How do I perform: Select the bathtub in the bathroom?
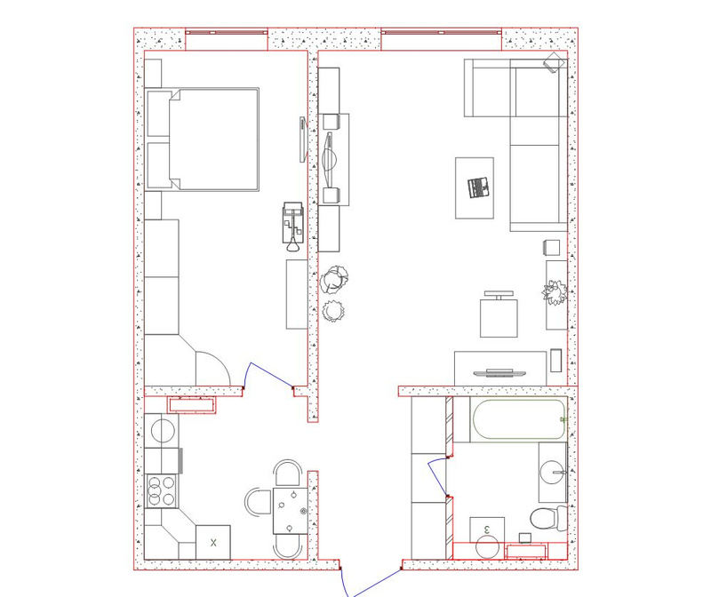[x=519, y=419]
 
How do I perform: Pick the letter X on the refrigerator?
[x=213, y=542]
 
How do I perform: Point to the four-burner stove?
[x=162, y=491]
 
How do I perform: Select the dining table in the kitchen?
[x=291, y=511]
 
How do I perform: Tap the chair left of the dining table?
[x=259, y=501]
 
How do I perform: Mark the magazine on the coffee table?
[x=478, y=187]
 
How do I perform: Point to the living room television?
[x=499, y=373]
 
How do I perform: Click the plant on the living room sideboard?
[x=555, y=293]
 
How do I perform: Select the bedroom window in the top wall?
[x=227, y=33]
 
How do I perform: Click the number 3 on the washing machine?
[x=487, y=529]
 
